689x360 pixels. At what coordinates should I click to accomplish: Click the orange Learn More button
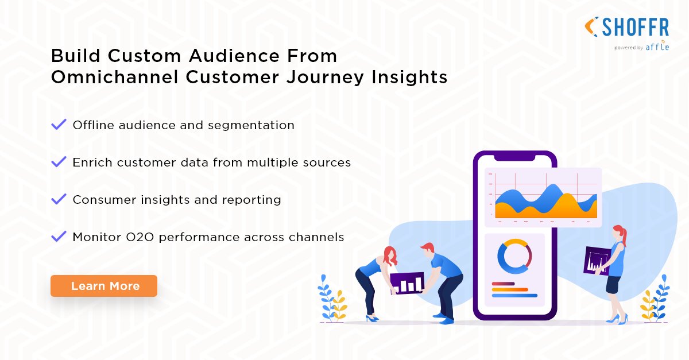[x=104, y=286]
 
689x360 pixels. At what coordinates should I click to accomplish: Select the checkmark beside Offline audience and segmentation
[x=59, y=125]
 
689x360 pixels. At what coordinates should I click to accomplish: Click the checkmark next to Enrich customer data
[x=59, y=162]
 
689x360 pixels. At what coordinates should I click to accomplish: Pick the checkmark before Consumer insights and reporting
[x=59, y=199]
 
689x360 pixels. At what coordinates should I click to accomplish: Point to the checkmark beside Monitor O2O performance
[x=59, y=236]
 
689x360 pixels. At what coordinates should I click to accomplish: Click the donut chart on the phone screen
[x=514, y=257]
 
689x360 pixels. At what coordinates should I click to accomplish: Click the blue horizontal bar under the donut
[x=514, y=296]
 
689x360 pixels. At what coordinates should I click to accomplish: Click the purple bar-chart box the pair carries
[x=407, y=282]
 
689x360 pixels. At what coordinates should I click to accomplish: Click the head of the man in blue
[x=427, y=250]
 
